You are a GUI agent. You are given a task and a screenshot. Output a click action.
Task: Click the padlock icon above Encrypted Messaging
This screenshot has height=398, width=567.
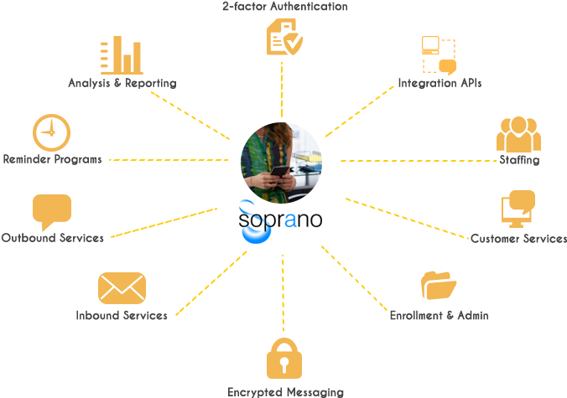click(x=284, y=359)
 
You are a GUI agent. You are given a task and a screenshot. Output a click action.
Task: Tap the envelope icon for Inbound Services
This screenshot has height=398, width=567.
click(x=122, y=288)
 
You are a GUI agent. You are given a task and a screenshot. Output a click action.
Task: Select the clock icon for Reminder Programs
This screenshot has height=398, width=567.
click(x=52, y=132)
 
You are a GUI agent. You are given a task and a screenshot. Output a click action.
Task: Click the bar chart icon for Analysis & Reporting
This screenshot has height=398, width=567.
click(x=122, y=55)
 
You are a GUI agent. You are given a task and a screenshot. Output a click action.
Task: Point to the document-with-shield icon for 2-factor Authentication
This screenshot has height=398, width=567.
click(x=284, y=37)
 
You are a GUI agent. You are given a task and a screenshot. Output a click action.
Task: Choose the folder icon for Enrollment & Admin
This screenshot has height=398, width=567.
click(x=439, y=286)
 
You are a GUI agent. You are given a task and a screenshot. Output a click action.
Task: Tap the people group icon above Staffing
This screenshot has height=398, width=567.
click(x=518, y=134)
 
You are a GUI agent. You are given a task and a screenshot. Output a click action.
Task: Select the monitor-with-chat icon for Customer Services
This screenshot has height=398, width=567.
click(x=518, y=209)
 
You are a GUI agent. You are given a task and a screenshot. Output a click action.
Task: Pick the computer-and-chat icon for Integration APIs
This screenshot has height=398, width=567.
click(x=439, y=55)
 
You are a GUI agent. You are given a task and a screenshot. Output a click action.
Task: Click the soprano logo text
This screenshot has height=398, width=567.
click(x=280, y=220)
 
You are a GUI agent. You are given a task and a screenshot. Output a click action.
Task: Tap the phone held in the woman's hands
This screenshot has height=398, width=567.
click(x=280, y=171)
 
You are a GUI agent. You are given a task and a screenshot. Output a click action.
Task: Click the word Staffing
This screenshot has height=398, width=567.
click(x=519, y=160)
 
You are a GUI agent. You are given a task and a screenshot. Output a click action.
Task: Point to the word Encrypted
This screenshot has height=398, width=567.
click(x=255, y=392)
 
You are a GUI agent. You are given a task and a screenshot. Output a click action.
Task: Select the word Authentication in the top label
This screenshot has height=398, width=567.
click(x=309, y=6)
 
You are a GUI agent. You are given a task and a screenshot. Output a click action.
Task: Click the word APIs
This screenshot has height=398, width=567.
click(x=471, y=83)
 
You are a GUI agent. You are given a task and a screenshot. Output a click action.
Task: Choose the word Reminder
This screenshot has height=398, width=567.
click(x=27, y=159)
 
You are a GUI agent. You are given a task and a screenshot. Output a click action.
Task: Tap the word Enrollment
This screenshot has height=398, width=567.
click(x=416, y=315)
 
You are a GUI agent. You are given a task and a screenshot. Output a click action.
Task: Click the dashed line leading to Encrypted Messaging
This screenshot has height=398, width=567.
click(x=283, y=292)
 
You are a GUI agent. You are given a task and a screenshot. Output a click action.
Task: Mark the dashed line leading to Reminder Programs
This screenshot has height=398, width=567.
click(x=169, y=160)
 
